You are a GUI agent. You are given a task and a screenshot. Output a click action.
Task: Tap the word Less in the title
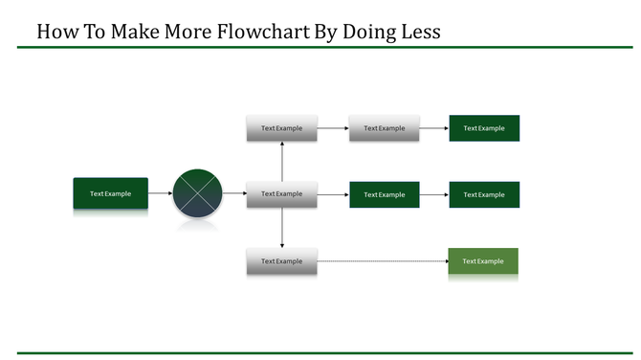tap(417, 31)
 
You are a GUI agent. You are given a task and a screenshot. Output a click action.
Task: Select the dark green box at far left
tap(111, 193)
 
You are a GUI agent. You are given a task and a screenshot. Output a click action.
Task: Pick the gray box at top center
tap(281, 128)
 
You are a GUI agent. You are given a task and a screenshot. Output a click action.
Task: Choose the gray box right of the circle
tap(281, 193)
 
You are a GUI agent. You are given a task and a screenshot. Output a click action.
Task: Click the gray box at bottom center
tap(281, 261)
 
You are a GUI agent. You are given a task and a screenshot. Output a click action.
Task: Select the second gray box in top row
tap(384, 128)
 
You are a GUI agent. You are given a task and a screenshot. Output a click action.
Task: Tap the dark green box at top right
tap(484, 128)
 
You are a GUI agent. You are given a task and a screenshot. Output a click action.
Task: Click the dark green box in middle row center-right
tap(384, 194)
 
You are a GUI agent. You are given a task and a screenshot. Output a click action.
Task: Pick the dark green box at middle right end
tap(484, 194)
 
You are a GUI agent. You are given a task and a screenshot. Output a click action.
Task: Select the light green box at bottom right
tap(483, 261)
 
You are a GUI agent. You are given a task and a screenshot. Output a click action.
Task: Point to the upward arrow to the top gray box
tap(282, 160)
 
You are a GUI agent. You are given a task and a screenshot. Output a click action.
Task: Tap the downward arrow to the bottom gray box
tap(282, 228)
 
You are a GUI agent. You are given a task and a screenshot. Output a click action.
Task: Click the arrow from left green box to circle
tap(160, 193)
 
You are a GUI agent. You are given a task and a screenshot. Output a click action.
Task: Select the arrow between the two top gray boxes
tap(332, 128)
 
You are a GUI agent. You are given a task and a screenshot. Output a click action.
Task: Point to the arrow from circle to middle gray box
tap(234, 193)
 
